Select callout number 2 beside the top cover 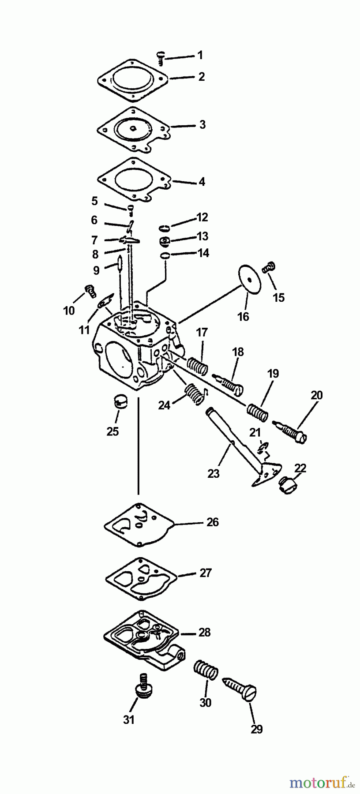point(202,77)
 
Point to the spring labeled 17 point(197,353)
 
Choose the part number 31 point(128,719)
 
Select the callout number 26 point(212,522)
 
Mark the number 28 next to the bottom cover point(204,633)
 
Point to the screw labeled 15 point(269,266)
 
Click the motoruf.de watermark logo point(322,783)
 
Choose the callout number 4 point(202,182)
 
